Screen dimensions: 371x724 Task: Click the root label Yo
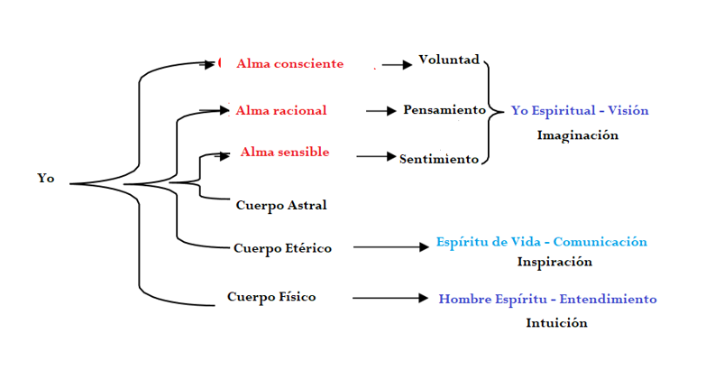coord(46,179)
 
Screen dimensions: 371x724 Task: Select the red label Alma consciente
coord(289,64)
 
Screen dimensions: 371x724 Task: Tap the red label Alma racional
coord(280,111)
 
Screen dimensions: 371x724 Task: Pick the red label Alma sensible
coord(284,153)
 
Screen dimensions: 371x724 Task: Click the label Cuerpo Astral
coord(280,205)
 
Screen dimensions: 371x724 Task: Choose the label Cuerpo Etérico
coord(282,248)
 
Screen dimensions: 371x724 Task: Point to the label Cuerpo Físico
coord(271,297)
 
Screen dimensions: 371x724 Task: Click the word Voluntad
coord(449,61)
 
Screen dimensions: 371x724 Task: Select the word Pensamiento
coord(444,110)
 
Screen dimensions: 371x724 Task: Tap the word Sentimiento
coord(439,159)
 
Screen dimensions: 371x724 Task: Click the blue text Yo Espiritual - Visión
coord(580,111)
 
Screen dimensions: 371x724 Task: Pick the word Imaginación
coord(578,134)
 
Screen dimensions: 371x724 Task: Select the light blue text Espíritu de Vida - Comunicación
coord(541,242)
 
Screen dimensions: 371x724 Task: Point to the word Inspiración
coord(554,262)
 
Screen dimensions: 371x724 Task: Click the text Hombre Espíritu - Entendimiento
coord(547,299)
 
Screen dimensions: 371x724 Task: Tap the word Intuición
coord(556,322)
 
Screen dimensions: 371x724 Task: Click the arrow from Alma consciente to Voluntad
coord(397,65)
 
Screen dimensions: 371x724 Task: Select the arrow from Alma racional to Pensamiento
coord(381,111)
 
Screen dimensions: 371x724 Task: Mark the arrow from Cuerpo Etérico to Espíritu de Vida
coord(390,246)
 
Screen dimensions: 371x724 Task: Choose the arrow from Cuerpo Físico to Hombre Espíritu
coord(389,298)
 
